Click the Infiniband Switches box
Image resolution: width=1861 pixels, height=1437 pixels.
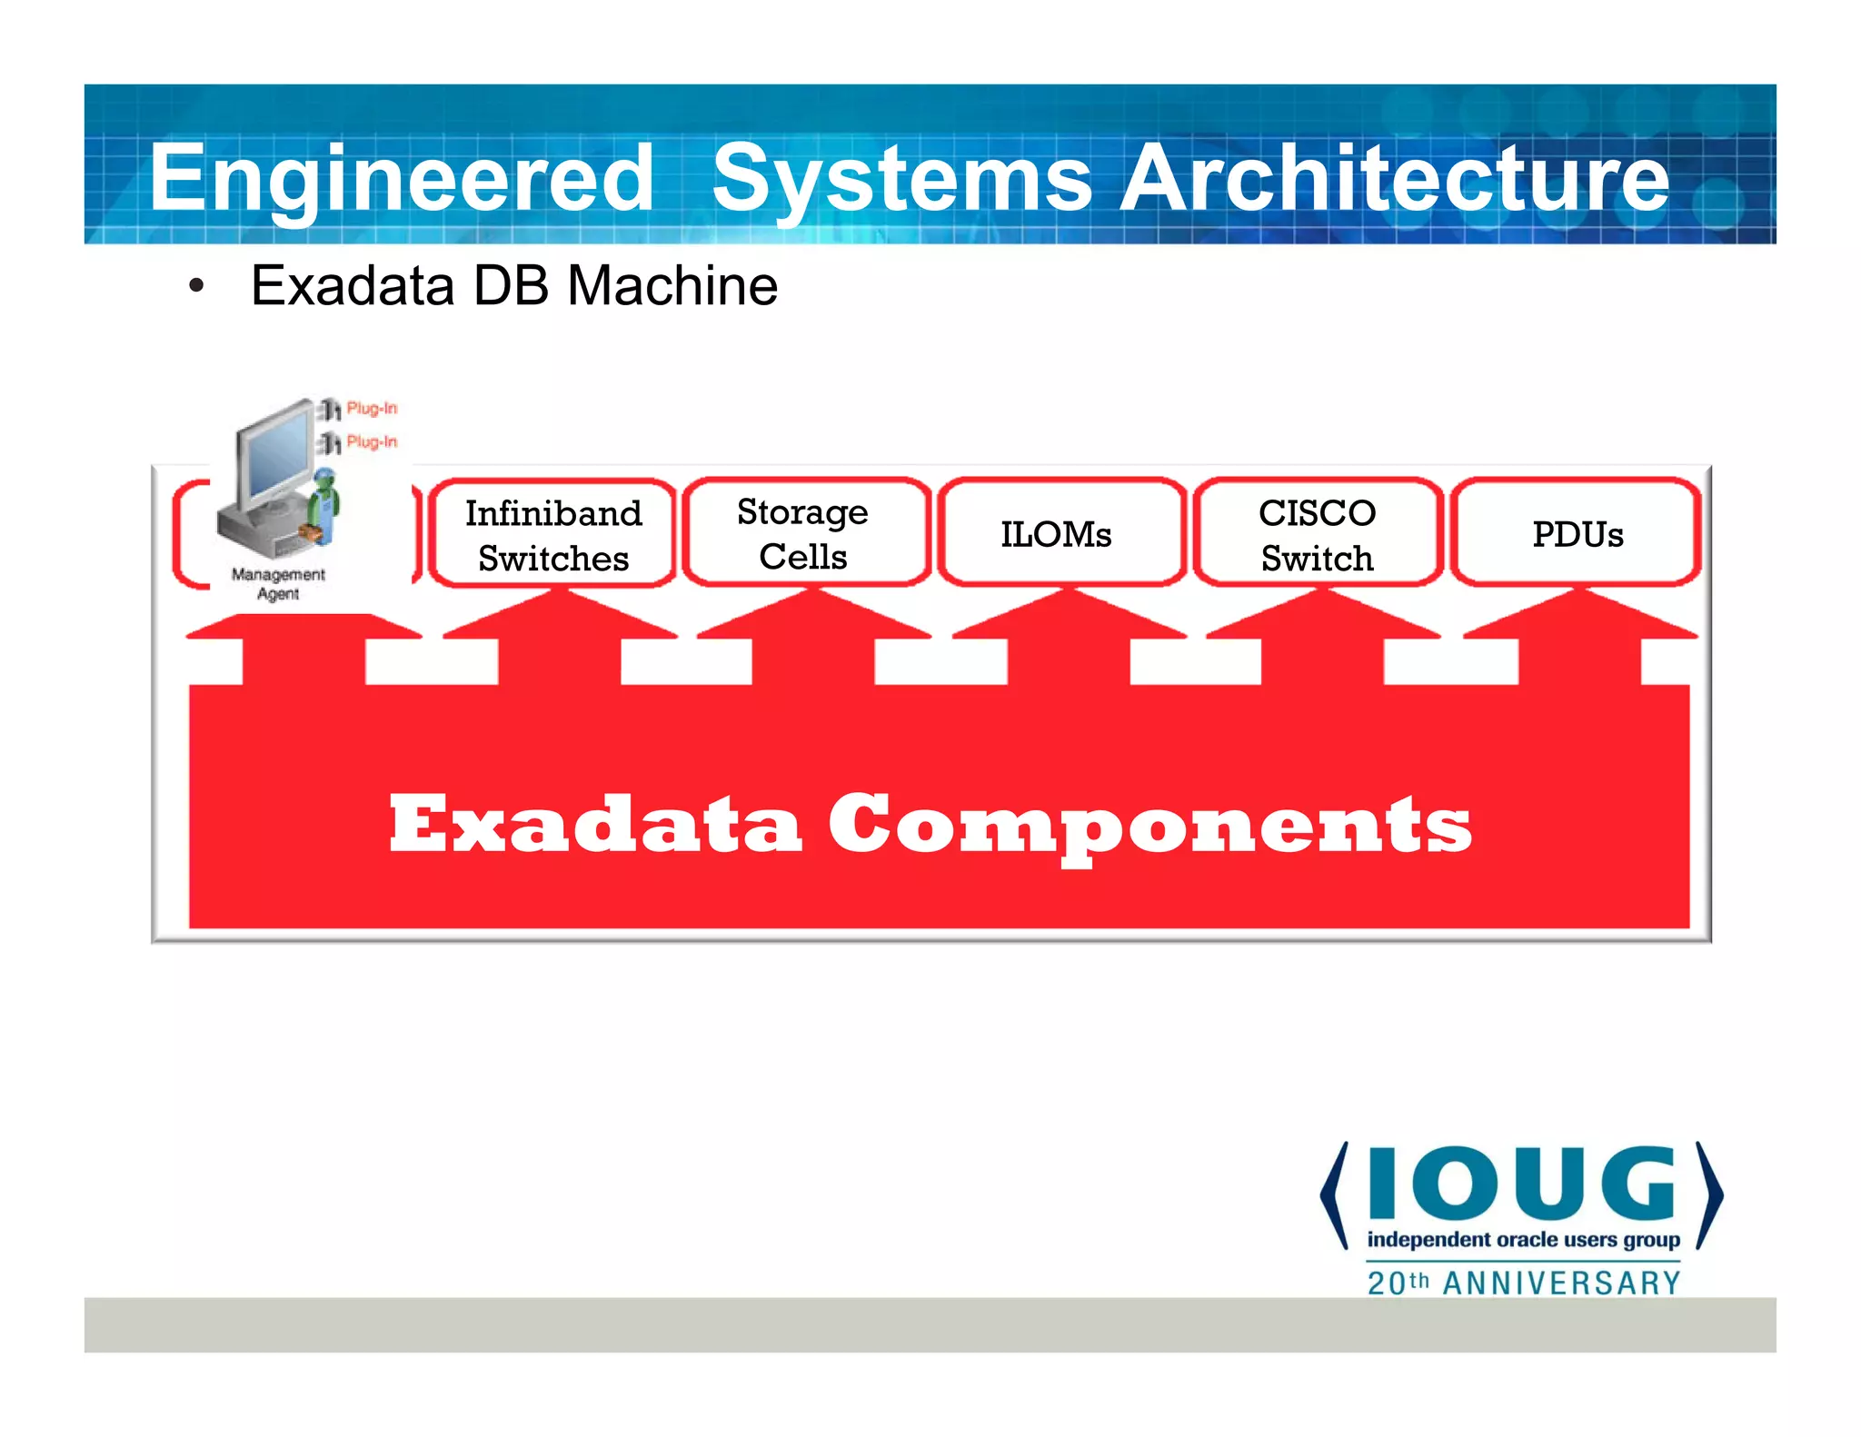point(552,534)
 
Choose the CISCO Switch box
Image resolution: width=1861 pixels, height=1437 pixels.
point(1317,534)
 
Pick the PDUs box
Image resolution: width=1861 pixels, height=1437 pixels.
point(1577,534)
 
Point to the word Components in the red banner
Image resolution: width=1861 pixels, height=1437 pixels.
point(1149,825)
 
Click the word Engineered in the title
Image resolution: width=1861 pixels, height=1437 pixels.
point(401,179)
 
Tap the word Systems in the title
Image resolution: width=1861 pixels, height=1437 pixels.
point(901,179)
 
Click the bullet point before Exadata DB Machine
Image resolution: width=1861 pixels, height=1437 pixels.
point(196,287)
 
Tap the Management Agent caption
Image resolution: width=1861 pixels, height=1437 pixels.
point(278,583)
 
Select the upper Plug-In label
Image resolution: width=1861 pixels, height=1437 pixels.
point(372,408)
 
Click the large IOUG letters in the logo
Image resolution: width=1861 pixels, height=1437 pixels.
point(1521,1183)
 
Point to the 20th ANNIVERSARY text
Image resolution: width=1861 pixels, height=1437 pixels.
point(1523,1283)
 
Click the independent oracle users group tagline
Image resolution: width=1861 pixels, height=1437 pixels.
point(1523,1240)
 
